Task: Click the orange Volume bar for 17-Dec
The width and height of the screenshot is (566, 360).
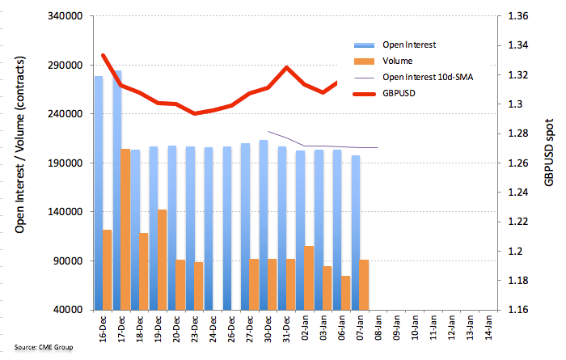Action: click(x=125, y=229)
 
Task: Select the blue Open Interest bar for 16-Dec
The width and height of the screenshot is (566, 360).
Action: click(x=99, y=193)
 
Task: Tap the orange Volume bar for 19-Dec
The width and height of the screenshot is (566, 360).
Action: click(x=162, y=260)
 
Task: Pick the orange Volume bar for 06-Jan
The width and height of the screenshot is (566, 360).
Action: click(x=345, y=293)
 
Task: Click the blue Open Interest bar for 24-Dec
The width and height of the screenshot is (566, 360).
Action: click(x=209, y=229)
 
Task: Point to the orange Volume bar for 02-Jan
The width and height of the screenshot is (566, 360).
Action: click(x=309, y=278)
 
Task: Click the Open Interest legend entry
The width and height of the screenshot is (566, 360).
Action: click(x=395, y=44)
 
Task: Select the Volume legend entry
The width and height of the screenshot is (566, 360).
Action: click(x=383, y=61)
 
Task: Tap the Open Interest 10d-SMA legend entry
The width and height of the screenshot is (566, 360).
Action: click(x=413, y=78)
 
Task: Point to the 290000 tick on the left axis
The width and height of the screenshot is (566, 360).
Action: click(x=65, y=66)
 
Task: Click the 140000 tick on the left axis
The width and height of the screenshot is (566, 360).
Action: click(x=65, y=212)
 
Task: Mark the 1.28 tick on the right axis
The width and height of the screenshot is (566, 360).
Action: click(x=518, y=133)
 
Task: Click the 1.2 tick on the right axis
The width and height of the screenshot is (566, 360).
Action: click(x=515, y=252)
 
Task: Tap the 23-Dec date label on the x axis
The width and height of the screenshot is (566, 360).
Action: click(x=195, y=329)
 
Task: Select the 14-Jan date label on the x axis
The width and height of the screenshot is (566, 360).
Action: click(x=488, y=328)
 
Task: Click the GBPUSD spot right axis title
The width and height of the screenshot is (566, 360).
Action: click(x=549, y=152)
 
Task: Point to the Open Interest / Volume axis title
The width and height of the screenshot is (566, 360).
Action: click(x=20, y=145)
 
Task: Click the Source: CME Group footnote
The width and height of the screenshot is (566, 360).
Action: click(x=44, y=347)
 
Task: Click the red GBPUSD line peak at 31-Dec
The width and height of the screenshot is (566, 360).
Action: click(x=286, y=67)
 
